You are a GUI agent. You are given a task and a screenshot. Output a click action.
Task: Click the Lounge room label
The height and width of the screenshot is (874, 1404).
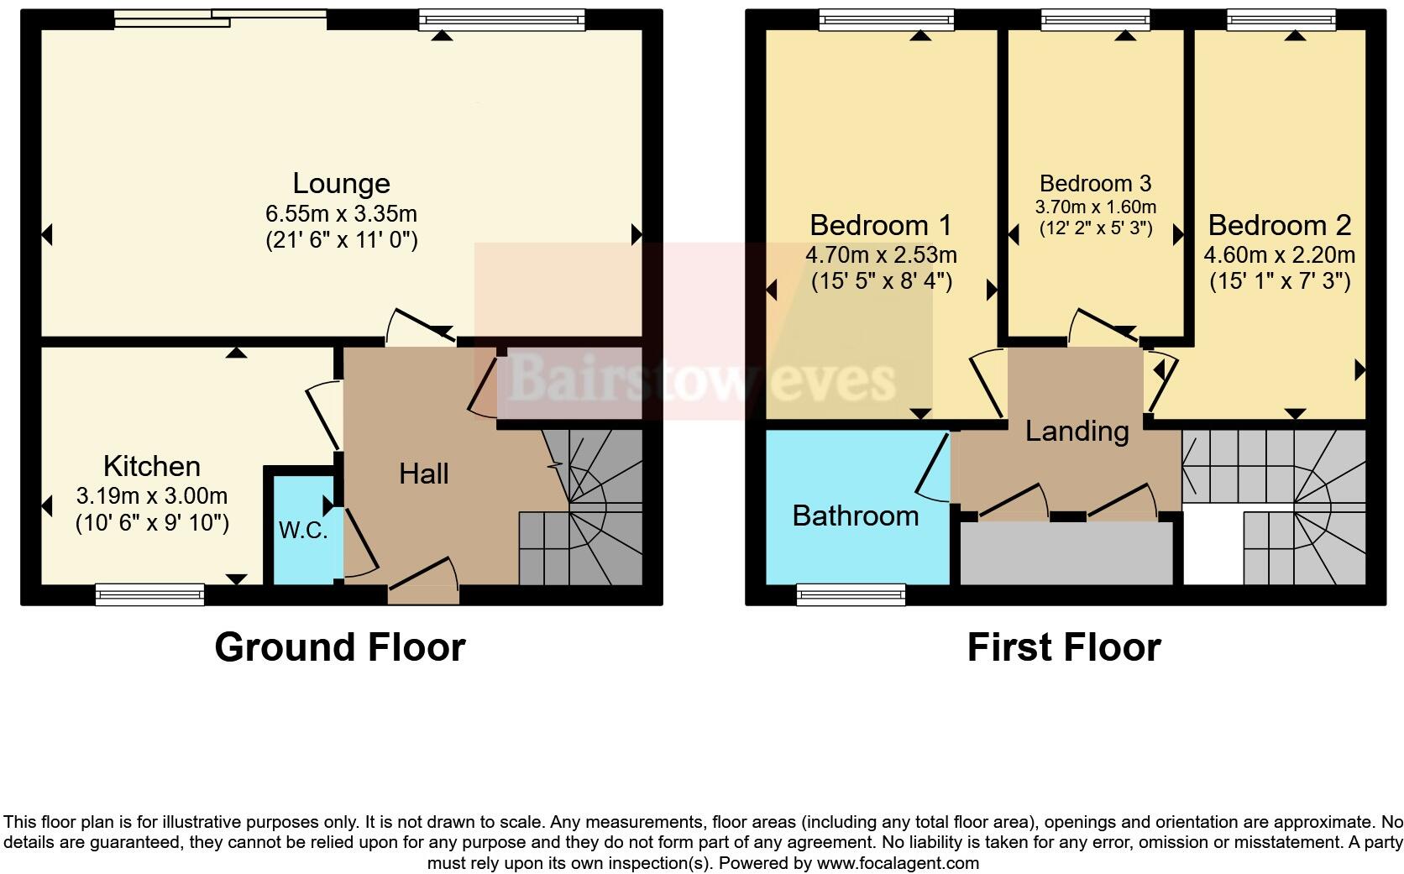pyautogui.click(x=341, y=184)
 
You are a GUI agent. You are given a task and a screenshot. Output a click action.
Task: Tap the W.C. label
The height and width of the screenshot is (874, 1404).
pyautogui.click(x=303, y=531)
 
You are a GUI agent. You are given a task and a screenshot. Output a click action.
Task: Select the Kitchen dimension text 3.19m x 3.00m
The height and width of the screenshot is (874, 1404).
pyautogui.click(x=152, y=495)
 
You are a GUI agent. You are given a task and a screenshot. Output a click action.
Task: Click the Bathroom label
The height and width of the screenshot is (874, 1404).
pyautogui.click(x=856, y=515)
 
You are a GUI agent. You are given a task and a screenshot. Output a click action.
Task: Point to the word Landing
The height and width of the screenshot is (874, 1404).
pyautogui.click(x=1077, y=431)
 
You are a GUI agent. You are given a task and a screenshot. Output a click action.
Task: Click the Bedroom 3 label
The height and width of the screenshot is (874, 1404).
pyautogui.click(x=1095, y=183)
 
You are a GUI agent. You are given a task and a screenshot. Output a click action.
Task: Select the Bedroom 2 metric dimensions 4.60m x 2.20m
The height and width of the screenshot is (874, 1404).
pyautogui.click(x=1280, y=254)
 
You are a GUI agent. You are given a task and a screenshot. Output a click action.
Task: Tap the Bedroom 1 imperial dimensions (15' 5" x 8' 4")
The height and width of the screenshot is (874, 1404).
pyautogui.click(x=882, y=281)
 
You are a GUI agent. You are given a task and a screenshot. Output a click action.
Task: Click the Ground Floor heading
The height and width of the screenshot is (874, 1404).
pyautogui.click(x=339, y=647)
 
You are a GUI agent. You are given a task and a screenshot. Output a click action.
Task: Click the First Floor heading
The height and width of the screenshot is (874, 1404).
pyautogui.click(x=1064, y=647)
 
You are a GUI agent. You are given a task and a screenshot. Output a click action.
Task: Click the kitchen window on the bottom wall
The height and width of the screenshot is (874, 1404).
pyautogui.click(x=150, y=594)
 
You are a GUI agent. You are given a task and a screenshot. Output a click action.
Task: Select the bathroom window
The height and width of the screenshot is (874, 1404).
pyautogui.click(x=851, y=594)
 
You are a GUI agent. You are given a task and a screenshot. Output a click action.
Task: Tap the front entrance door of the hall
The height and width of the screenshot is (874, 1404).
pyautogui.click(x=423, y=594)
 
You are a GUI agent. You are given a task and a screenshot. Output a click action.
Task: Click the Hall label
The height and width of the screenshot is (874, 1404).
pyautogui.click(x=423, y=474)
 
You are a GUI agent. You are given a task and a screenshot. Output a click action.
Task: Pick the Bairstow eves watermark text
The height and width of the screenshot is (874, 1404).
pyautogui.click(x=702, y=379)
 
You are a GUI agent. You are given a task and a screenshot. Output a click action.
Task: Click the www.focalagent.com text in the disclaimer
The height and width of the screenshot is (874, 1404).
pyautogui.click(x=897, y=862)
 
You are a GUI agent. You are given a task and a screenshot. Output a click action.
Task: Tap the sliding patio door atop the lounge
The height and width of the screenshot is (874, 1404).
pyautogui.click(x=220, y=18)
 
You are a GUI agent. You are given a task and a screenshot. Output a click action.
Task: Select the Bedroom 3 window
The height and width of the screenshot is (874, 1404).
pyautogui.click(x=1096, y=18)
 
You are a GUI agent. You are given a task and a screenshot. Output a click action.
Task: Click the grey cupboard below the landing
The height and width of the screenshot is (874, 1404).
pyautogui.click(x=1066, y=553)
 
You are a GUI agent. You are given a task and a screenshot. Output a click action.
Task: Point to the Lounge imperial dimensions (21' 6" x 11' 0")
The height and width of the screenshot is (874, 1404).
pyautogui.click(x=341, y=240)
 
